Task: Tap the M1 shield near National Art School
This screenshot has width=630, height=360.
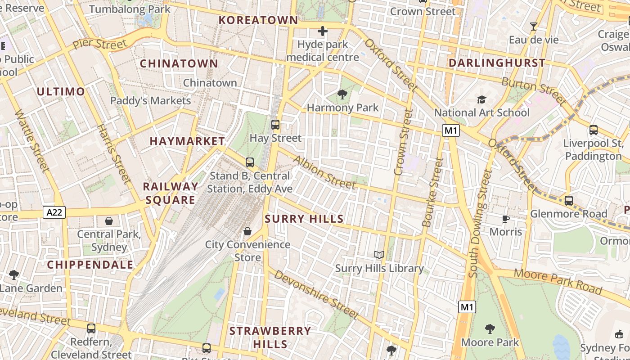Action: click(x=451, y=130)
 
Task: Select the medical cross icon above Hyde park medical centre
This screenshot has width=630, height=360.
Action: click(x=323, y=31)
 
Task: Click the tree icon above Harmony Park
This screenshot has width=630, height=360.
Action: click(x=342, y=94)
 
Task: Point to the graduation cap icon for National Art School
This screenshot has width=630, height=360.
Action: click(x=481, y=99)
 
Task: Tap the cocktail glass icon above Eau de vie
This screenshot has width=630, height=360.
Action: click(x=534, y=27)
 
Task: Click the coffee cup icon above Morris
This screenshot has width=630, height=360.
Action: click(x=506, y=219)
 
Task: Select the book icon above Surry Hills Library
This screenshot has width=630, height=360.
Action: click(x=379, y=255)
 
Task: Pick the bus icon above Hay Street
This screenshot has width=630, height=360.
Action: click(x=275, y=125)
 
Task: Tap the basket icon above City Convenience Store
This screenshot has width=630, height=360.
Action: click(x=247, y=231)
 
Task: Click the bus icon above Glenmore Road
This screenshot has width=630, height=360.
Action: click(x=569, y=200)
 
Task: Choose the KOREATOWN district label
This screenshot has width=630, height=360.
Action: click(x=258, y=20)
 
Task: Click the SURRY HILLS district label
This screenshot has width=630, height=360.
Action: click(x=304, y=219)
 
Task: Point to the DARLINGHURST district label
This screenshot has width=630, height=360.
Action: click(x=497, y=63)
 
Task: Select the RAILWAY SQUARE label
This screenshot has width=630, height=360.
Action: click(x=170, y=193)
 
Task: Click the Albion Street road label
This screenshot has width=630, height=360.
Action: click(x=324, y=172)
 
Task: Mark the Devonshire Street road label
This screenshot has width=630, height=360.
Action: click(x=316, y=294)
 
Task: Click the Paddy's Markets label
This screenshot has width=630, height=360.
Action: click(x=150, y=101)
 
